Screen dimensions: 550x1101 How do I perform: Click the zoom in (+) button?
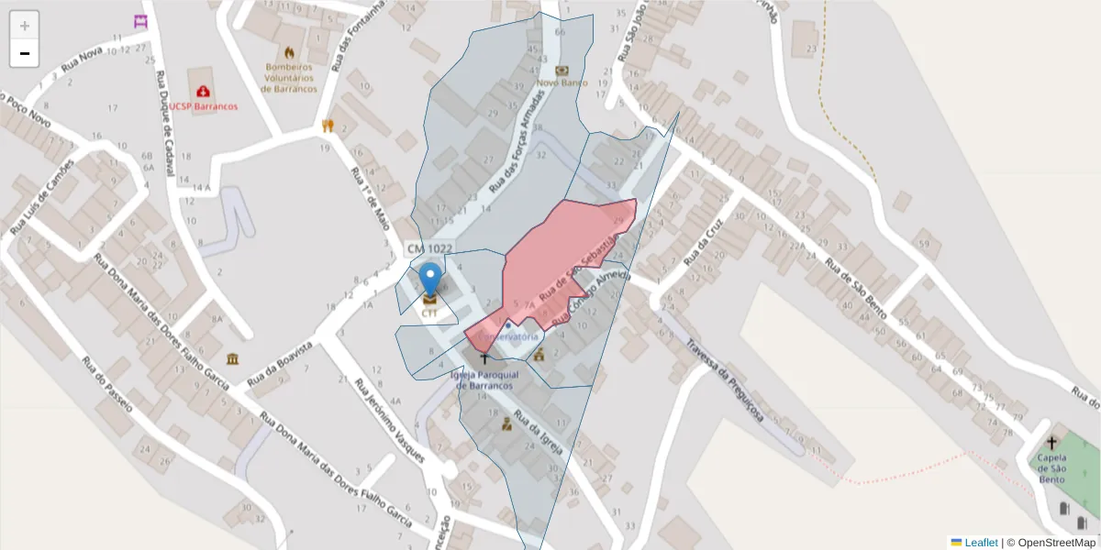coord(25,26)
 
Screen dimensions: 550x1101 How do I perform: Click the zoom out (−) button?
coord(25,53)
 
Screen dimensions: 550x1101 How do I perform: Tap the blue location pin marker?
coord(429,280)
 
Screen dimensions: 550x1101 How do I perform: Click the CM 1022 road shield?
coord(429,248)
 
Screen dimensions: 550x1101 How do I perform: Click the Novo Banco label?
coord(562,82)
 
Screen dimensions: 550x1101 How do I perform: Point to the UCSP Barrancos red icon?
coord(202,92)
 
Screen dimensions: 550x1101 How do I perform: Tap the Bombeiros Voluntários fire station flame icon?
coord(290,53)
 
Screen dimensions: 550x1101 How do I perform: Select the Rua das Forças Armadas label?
coord(516,147)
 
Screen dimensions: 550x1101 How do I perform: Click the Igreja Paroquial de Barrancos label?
coord(485,380)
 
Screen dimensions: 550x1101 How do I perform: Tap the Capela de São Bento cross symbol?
coord(1051,443)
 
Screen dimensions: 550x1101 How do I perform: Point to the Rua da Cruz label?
coord(704,240)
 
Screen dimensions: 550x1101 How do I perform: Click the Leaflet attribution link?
coord(981,543)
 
